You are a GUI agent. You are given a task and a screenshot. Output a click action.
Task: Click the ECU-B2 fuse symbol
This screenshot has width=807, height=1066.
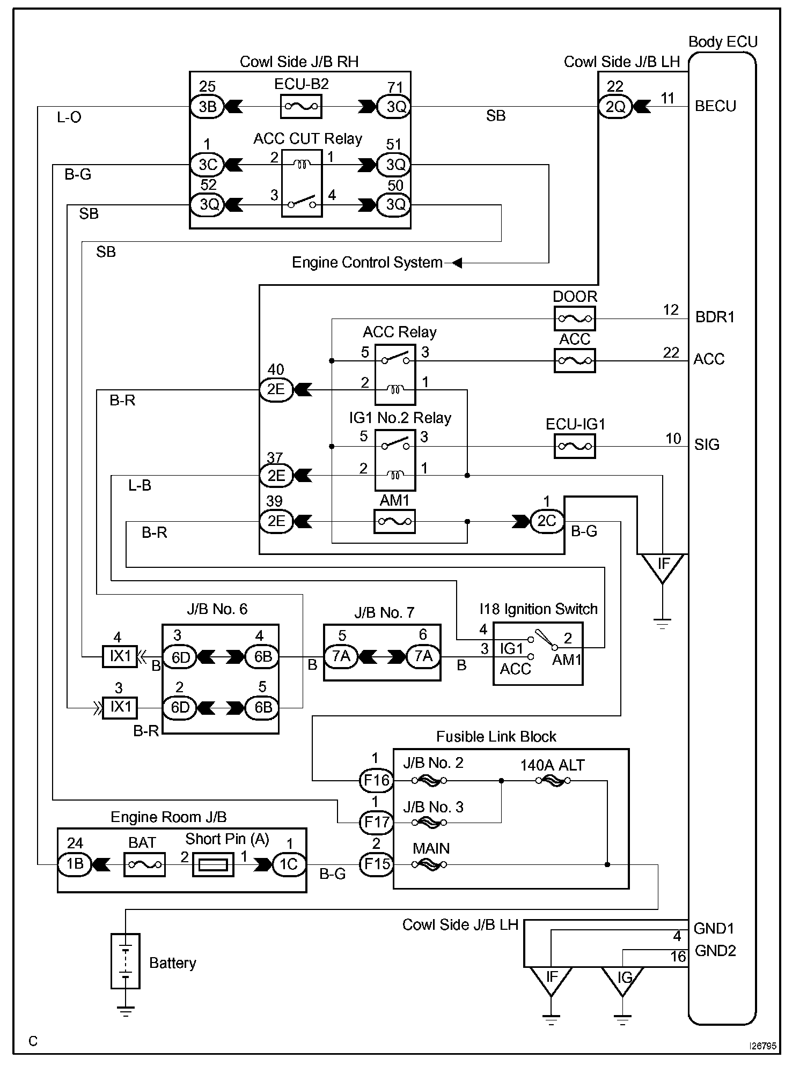pyautogui.click(x=301, y=106)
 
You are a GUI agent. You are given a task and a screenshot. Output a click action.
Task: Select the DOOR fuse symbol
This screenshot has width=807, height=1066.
pyautogui.click(x=574, y=319)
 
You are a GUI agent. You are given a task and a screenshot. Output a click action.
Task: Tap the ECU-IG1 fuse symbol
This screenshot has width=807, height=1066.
pyautogui.click(x=574, y=446)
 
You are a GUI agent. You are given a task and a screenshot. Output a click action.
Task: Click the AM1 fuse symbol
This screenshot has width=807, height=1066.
pyautogui.click(x=394, y=521)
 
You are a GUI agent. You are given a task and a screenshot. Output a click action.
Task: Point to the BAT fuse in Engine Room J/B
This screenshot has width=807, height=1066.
pyautogui.click(x=144, y=864)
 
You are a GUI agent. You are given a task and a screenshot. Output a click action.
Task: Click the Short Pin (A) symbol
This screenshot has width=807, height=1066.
pyautogui.click(x=213, y=865)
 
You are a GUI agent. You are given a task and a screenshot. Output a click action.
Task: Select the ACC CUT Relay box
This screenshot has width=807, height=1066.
pyautogui.click(x=302, y=183)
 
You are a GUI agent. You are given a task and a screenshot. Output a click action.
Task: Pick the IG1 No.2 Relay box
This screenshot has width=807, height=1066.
pyautogui.click(x=395, y=460)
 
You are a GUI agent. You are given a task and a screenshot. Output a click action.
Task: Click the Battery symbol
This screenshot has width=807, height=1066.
pyautogui.click(x=125, y=961)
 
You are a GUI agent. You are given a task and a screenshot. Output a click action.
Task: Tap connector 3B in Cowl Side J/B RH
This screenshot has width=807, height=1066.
pyautogui.click(x=207, y=107)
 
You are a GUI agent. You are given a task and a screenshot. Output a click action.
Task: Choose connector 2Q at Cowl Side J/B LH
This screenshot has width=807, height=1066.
pyautogui.click(x=615, y=107)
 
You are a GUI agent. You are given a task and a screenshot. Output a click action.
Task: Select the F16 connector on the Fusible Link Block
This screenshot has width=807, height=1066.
pyautogui.click(x=376, y=780)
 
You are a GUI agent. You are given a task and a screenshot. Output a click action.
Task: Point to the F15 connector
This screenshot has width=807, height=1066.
pyautogui.click(x=376, y=864)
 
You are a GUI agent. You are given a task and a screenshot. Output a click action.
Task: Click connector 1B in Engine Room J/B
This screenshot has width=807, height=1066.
pyautogui.click(x=75, y=864)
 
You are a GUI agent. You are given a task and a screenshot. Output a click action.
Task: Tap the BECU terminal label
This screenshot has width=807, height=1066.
pyautogui.click(x=715, y=106)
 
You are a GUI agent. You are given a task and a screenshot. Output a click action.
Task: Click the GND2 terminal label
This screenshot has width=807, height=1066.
pyautogui.click(x=715, y=951)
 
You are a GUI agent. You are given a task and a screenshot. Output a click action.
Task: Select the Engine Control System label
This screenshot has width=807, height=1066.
pyautogui.click(x=367, y=263)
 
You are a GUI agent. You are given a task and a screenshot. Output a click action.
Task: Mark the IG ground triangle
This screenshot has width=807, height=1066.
pyautogui.click(x=622, y=978)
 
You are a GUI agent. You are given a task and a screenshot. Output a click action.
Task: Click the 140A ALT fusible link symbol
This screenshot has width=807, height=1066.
pyautogui.click(x=553, y=781)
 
